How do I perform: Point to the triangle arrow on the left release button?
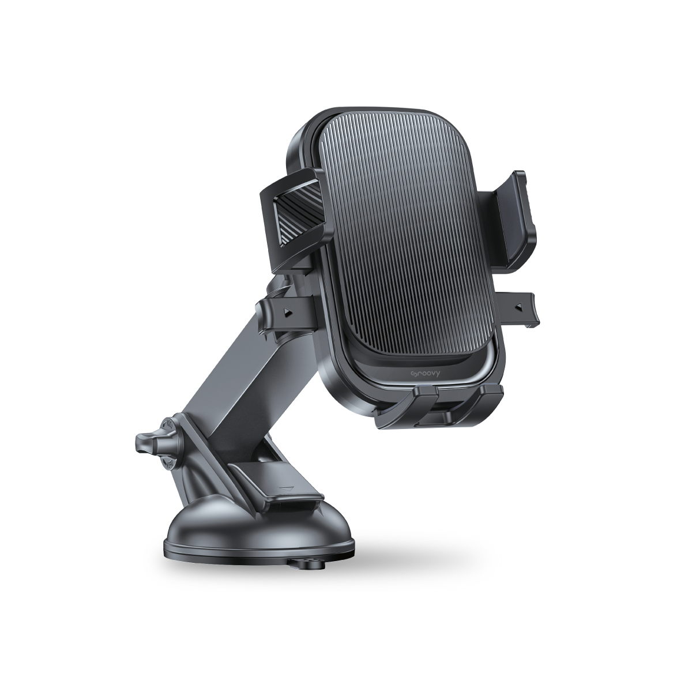(286, 313)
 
